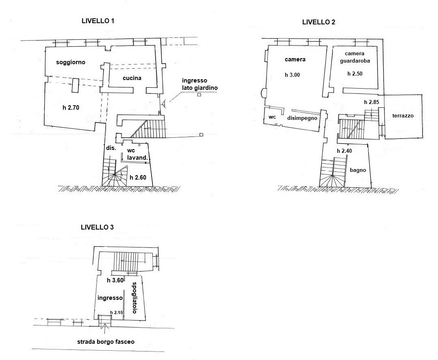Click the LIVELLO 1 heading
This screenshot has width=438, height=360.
coord(98,21)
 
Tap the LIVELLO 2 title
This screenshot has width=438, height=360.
coord(319,22)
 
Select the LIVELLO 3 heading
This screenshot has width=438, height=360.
coord(97,227)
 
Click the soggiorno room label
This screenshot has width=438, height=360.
coord(71,62)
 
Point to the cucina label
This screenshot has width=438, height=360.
coord(132,78)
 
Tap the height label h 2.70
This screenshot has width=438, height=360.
coord(71,108)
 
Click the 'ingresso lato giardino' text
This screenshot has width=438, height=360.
coord(199,84)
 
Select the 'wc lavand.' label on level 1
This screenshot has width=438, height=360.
coord(137,154)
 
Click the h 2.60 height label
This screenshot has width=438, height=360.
coord(138,178)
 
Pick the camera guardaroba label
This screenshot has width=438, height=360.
coord(355,57)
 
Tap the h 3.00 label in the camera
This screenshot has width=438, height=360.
coord(293,75)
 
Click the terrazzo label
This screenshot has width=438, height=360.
coord(403,116)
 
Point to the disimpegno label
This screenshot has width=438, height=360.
coord(302,118)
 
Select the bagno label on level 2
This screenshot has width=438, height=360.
coord(358,170)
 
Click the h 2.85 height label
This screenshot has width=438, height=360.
coord(371,102)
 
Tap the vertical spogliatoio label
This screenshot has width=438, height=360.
coord(134,298)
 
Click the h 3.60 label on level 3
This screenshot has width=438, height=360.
coord(115,280)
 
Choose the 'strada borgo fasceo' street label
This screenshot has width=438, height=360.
coord(106,342)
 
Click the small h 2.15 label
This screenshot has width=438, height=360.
coord(117,312)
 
